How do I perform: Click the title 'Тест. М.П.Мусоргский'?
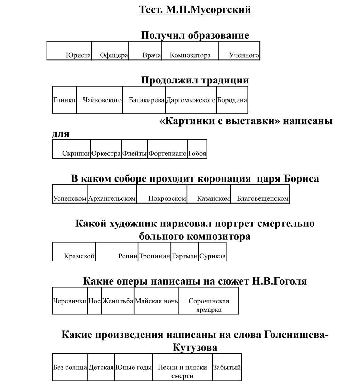click(195, 10)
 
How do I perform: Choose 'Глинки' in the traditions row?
click(64, 100)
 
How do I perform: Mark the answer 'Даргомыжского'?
click(191, 100)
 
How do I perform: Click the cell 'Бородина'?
click(232, 100)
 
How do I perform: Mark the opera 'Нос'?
click(95, 301)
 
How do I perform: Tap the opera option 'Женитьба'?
click(118, 301)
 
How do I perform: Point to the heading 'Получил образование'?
click(195, 35)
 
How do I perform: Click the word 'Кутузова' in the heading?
click(195, 348)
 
